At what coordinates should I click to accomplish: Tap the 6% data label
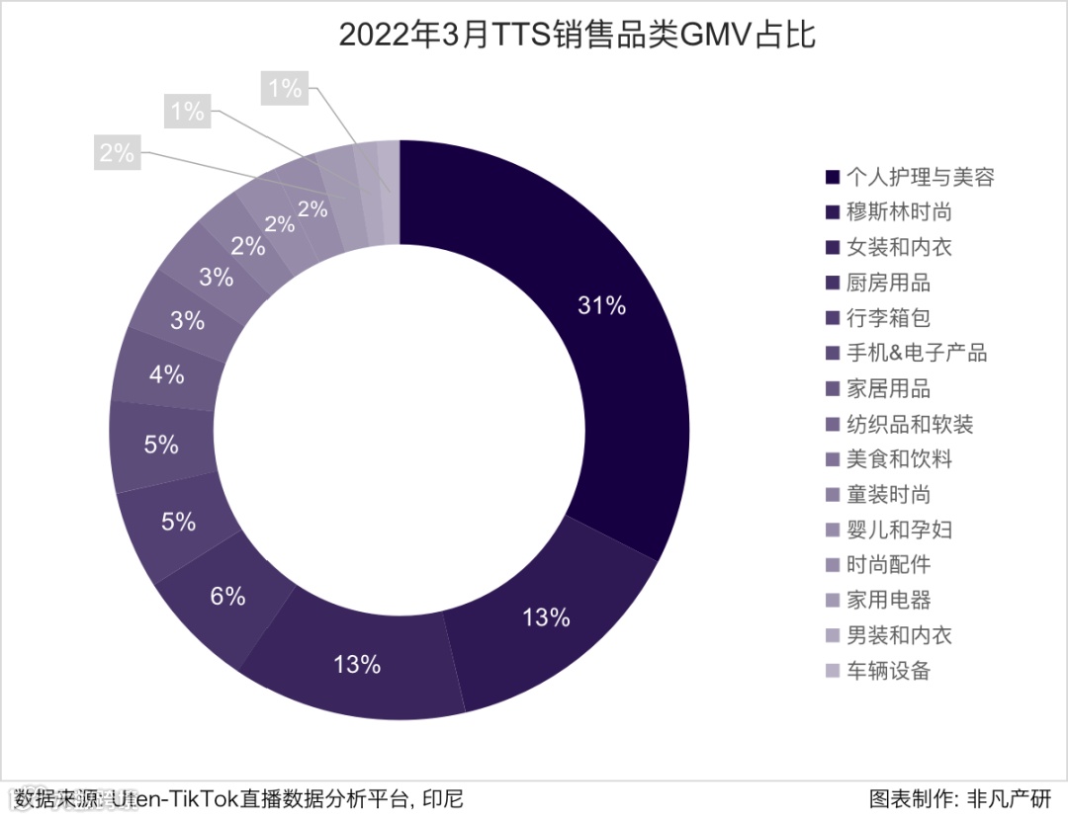point(227,596)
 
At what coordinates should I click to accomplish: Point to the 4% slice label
point(167,374)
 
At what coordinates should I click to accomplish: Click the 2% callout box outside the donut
point(117,153)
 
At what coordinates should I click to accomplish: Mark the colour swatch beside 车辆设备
point(833,671)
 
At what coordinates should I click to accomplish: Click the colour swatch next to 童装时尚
point(833,495)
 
